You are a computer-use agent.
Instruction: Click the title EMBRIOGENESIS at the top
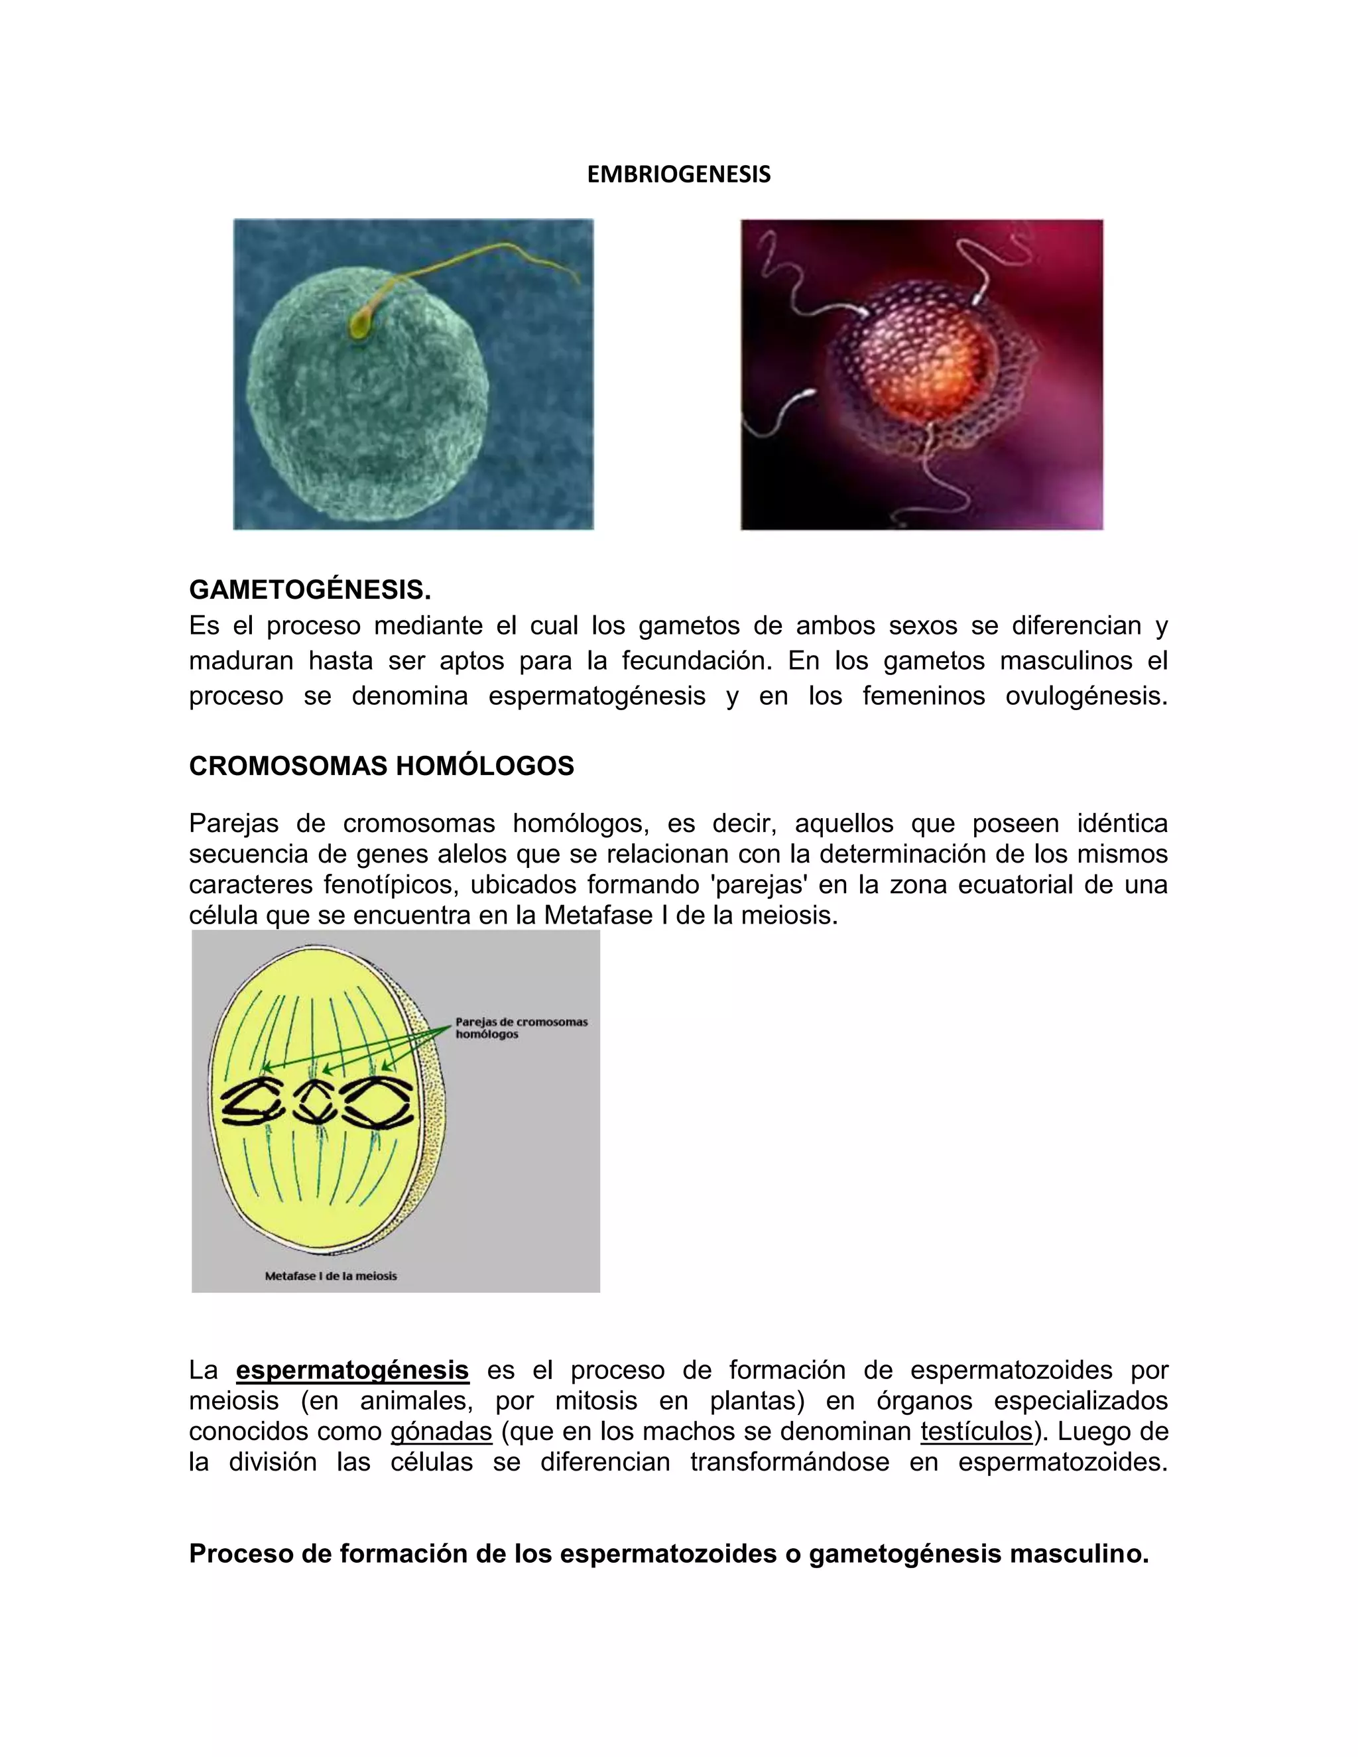pyautogui.click(x=678, y=174)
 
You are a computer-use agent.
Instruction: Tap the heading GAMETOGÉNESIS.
pyautogui.click(x=310, y=589)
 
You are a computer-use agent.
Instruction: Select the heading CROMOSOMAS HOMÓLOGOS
pyautogui.click(x=381, y=766)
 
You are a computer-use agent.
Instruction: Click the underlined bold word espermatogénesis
pyautogui.click(x=352, y=1369)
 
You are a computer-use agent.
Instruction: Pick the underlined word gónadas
pyautogui.click(x=441, y=1431)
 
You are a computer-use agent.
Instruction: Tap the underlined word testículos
pyautogui.click(x=977, y=1431)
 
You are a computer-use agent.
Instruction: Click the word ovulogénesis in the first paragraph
pyautogui.click(x=1085, y=696)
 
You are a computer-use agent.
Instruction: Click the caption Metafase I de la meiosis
pyautogui.click(x=331, y=1276)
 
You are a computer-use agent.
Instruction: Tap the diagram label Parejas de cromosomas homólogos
pyautogui.click(x=521, y=1028)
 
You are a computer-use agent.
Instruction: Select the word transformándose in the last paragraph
pyautogui.click(x=789, y=1462)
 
